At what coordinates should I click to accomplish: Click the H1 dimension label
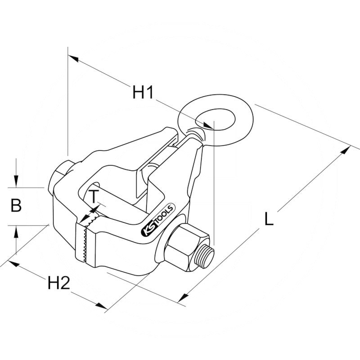point(143,92)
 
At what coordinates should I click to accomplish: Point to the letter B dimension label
point(16,205)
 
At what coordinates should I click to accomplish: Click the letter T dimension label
point(93,197)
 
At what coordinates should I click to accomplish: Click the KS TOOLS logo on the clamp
point(158,220)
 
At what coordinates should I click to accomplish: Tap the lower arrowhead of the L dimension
point(183,297)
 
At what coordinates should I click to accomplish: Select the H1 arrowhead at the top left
point(73,58)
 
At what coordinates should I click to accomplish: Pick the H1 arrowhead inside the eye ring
point(208,126)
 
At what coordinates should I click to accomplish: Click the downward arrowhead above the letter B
point(16,182)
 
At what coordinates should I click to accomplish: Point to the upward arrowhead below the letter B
point(16,231)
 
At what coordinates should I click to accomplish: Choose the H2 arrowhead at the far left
point(14,263)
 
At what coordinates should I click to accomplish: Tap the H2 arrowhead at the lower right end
point(102,306)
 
